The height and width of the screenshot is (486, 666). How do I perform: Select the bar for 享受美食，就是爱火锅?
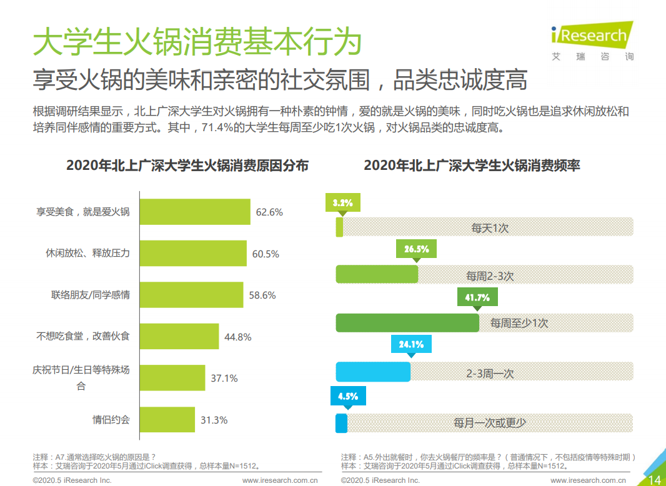coord(194,212)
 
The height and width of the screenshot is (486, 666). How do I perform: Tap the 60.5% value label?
coord(266,254)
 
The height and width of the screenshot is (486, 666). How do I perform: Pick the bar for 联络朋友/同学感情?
coord(191,295)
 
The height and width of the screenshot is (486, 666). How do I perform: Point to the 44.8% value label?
coord(237,337)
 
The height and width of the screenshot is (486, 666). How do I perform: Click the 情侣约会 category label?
coord(111,420)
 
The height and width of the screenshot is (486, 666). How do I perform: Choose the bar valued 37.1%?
coord(172,378)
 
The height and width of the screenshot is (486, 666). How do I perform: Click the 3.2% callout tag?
coord(343,203)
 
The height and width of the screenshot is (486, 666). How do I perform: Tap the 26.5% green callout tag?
coord(416,249)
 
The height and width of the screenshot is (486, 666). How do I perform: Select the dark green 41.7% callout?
coord(477,297)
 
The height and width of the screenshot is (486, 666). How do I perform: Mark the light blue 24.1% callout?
coord(411,344)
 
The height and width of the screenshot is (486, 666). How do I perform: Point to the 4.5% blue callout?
coord(347,396)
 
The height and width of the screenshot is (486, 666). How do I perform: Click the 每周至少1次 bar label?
coord(519,324)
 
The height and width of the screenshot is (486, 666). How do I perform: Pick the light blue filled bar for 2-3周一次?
coord(373,372)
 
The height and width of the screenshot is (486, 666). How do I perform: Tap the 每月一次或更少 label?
coord(490,423)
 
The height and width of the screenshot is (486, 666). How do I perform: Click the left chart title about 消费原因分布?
coord(187,166)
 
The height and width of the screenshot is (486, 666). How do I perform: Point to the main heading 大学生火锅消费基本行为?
coord(197,42)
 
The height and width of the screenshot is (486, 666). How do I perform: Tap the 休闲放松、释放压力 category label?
coord(87,254)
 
